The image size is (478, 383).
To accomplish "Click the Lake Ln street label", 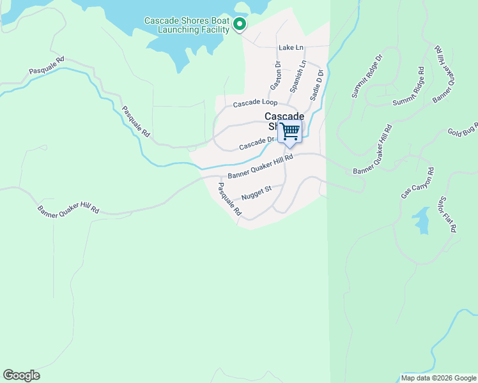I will (290, 48).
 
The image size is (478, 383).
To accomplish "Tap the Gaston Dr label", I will (276, 75).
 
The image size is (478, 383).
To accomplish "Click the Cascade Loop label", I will (255, 103).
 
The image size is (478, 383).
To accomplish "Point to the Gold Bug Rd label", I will (463, 130).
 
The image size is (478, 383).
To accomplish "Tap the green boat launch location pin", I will (240, 25).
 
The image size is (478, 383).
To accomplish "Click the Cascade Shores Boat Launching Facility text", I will (187, 25).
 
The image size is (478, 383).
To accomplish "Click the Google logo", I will (21, 375).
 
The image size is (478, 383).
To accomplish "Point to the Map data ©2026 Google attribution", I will (438, 378).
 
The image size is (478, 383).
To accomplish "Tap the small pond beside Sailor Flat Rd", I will (421, 220).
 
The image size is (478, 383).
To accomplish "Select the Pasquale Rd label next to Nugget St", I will (229, 199).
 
